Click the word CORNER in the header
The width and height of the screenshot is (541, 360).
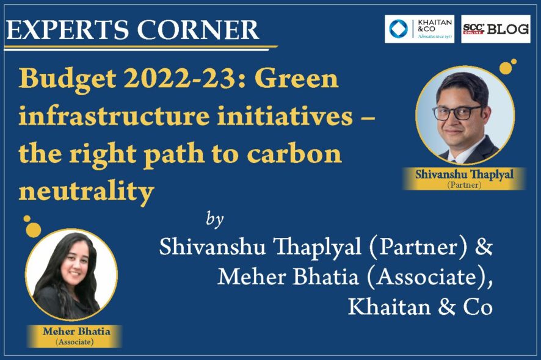point(198,30)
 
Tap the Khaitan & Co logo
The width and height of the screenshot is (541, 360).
point(419,29)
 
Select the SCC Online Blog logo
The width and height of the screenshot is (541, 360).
point(495,29)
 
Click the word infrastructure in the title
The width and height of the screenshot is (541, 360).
point(114,116)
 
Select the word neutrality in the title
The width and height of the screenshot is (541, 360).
point(86,192)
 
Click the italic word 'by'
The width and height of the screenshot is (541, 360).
point(214,219)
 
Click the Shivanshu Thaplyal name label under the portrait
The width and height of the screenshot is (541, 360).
point(464,175)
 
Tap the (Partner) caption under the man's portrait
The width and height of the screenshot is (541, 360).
point(464,185)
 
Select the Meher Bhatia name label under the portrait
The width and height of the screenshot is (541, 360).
point(76,332)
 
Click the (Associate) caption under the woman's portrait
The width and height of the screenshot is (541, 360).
point(74,342)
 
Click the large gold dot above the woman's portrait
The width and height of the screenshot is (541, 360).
point(34,229)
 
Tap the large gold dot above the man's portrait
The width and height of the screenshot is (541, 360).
point(506,68)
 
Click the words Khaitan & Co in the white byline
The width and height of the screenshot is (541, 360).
point(420,306)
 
